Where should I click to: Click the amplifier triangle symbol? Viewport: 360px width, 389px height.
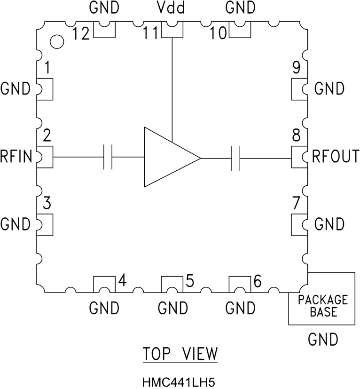coord(167,157)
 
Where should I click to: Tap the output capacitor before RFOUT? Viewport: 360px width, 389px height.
coord(236,158)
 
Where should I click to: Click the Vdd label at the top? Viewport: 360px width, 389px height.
coord(172,8)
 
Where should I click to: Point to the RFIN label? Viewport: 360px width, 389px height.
coord(17,157)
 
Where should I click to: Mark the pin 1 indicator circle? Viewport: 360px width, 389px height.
coord(56,41)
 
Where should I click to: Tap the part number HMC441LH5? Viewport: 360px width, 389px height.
coord(180,380)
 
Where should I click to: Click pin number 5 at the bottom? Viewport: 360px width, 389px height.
coord(189,281)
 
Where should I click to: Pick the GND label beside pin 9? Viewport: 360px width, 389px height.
coord(329,88)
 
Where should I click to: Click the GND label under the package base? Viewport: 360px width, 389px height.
coord(322,339)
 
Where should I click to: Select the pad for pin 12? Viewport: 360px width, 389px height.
coord(104,31)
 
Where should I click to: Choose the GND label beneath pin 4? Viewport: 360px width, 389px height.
coord(104,309)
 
